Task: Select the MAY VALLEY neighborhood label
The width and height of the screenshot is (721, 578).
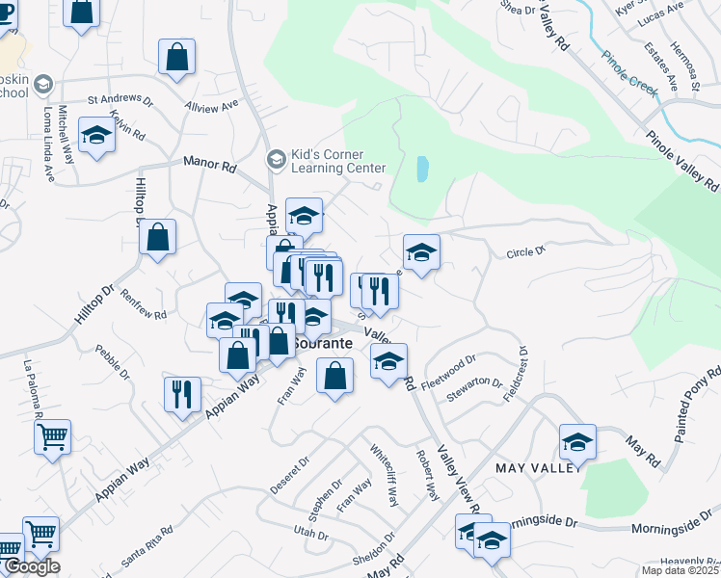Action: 539,467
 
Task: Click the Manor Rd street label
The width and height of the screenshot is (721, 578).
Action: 209,166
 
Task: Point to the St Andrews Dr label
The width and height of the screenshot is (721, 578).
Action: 120,98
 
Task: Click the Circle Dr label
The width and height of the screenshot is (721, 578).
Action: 526,252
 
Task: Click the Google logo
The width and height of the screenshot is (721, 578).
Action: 31,566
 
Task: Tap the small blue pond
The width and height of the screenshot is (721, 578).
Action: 422,170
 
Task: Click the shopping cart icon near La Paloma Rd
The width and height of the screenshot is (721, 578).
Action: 52,435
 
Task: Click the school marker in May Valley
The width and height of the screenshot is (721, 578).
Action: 577,441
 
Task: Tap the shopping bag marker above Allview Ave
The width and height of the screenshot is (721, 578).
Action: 177,56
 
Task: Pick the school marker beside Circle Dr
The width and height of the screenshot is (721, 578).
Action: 421,252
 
